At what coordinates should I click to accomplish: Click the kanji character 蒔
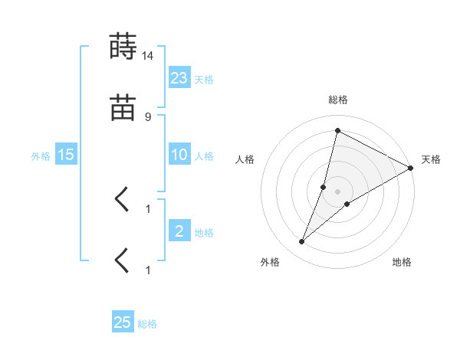[123, 47]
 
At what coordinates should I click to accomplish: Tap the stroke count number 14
[148, 55]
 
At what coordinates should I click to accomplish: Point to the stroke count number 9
[147, 116]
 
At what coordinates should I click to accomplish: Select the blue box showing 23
[179, 77]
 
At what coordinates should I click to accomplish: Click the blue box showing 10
[179, 155]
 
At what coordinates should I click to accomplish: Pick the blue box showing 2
[179, 231]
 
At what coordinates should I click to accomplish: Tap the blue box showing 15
[66, 155]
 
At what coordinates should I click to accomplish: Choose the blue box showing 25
[123, 322]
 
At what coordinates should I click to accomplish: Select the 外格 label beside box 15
[41, 156]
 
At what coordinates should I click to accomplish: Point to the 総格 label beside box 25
[147, 325]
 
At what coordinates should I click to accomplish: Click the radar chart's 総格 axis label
[338, 100]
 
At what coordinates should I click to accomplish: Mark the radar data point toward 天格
[411, 168]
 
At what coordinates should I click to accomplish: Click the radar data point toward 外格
[302, 242]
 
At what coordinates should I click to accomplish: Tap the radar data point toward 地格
[347, 203]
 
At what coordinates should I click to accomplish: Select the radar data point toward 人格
[324, 186]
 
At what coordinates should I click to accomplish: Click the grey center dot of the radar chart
[338, 191]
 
